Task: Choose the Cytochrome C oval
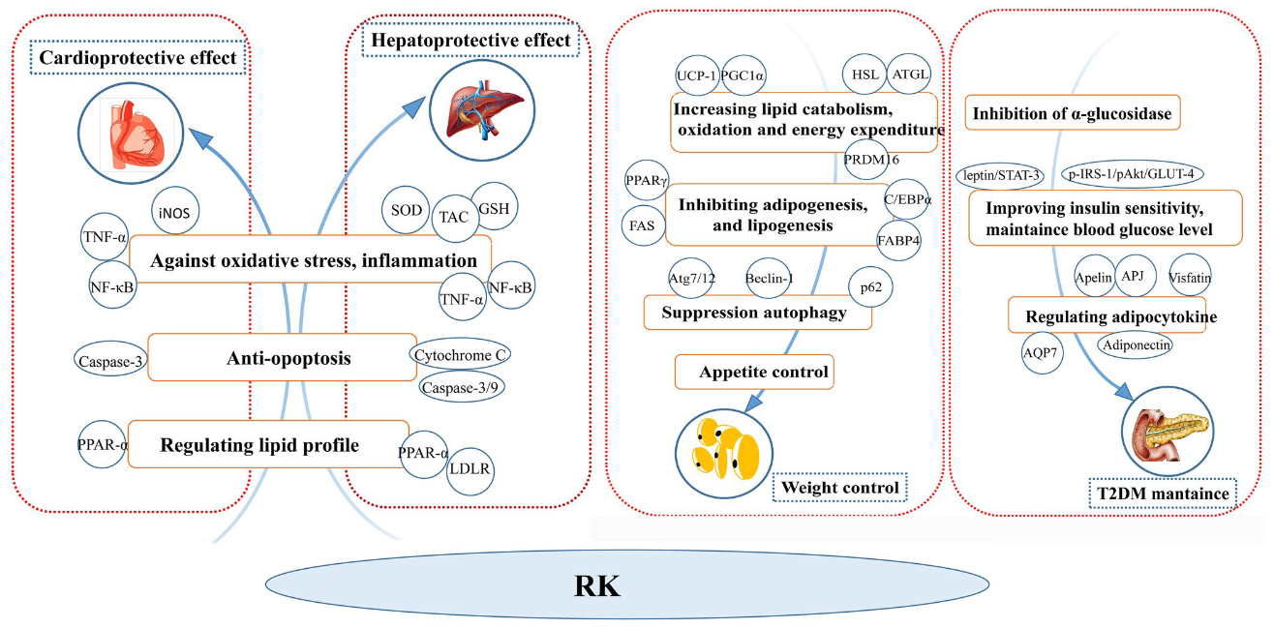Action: [x=461, y=355]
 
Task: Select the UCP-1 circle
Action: [x=698, y=75]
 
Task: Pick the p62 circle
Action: [x=869, y=287]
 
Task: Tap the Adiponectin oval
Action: [x=1135, y=344]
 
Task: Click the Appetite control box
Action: [x=754, y=372]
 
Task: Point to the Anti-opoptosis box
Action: [x=276, y=358]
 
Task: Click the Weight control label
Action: [x=839, y=488]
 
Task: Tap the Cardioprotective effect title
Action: [x=137, y=60]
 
